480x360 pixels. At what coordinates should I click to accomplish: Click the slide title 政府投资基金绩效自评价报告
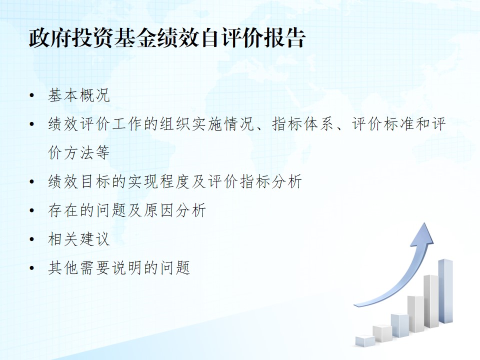pos(167,38)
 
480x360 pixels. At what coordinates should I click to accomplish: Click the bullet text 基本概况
pos(78,95)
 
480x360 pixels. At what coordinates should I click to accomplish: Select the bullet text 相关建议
pos(78,239)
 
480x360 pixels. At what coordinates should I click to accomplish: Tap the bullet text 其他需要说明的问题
pos(119,267)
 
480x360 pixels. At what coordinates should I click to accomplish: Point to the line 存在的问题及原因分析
pos(127,210)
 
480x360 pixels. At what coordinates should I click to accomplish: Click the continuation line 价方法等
pos(78,152)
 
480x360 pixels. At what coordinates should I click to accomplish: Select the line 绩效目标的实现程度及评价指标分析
pos(175,181)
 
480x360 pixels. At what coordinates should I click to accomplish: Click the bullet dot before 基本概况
pos(32,95)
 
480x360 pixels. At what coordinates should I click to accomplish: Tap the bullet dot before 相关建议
pos(32,239)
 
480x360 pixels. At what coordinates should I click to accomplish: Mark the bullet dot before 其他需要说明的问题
pos(32,268)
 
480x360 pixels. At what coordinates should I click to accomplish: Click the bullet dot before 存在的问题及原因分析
pos(32,210)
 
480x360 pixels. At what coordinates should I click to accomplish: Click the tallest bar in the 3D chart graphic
pos(445,291)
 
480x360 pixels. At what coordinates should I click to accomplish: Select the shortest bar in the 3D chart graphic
pos(365,340)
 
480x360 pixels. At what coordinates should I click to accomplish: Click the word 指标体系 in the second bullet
pos(303,124)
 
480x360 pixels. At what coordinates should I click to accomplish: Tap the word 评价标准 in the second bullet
pos(382,124)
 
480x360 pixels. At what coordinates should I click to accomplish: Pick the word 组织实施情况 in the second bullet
pos(207,124)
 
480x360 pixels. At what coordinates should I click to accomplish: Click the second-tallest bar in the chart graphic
pos(431,301)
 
